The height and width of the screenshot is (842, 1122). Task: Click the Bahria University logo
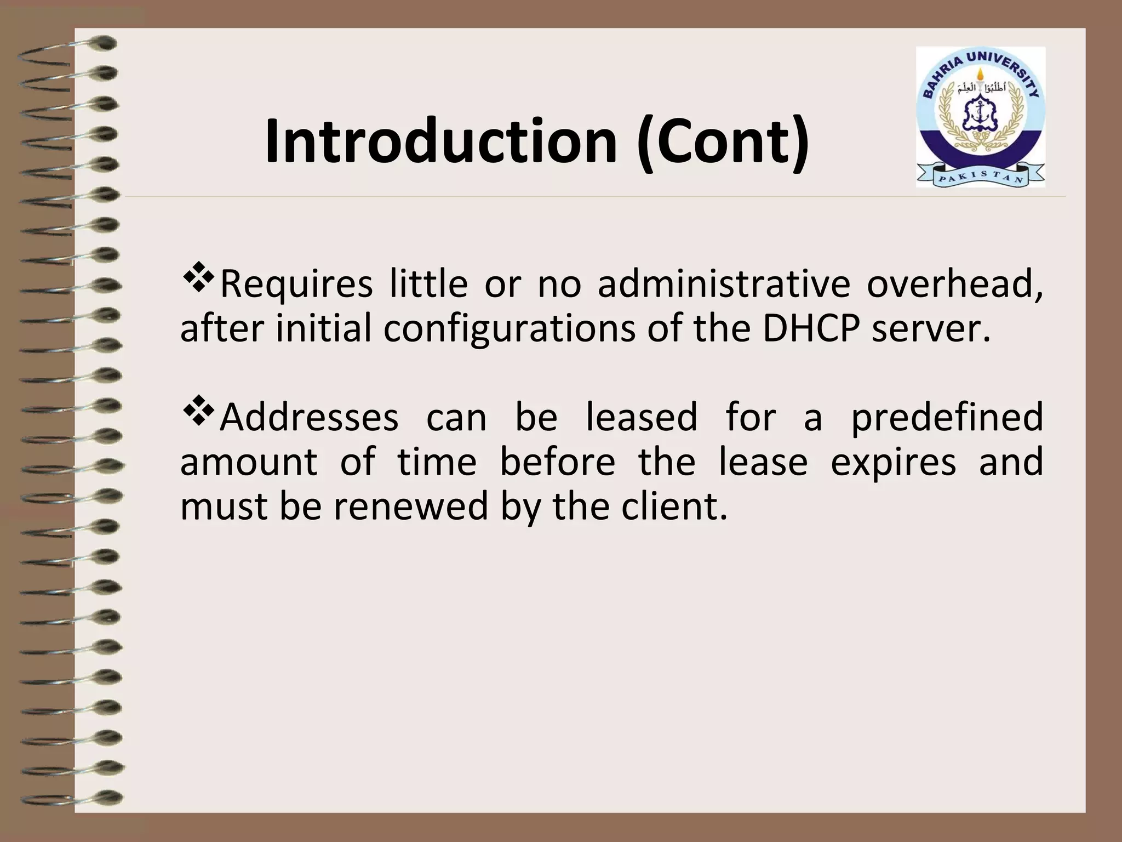tap(980, 117)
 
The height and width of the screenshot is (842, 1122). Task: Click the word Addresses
tap(309, 417)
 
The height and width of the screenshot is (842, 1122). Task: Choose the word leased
tap(642, 417)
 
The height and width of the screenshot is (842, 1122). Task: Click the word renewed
tap(410, 506)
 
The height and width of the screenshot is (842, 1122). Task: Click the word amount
tap(248, 462)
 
